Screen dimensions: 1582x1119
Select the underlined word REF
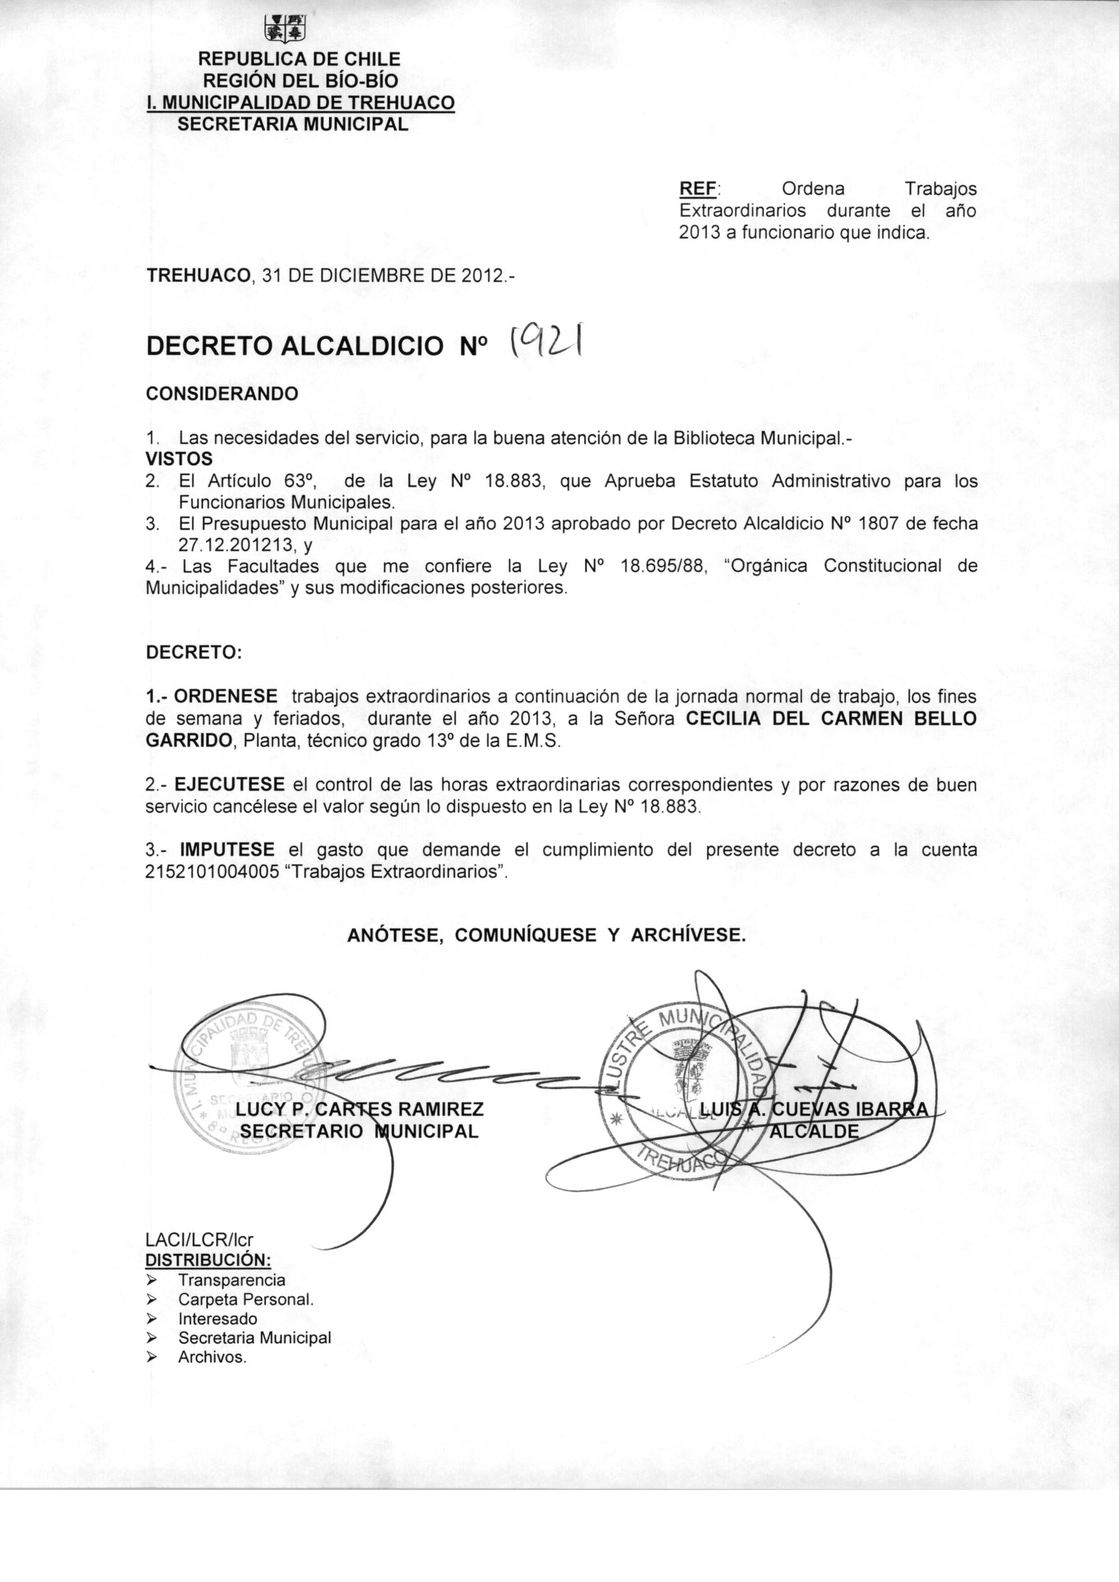point(698,188)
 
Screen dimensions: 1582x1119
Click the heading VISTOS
point(179,458)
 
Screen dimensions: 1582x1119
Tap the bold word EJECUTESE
point(230,784)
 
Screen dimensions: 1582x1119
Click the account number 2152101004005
point(211,871)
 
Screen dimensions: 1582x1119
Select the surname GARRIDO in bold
point(188,741)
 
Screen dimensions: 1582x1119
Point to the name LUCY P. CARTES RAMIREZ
point(359,1109)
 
